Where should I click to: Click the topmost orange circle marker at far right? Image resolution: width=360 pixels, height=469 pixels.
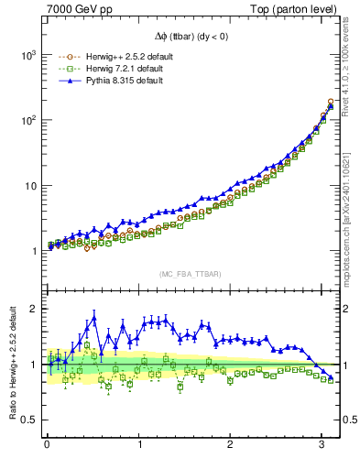click(x=331, y=102)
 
